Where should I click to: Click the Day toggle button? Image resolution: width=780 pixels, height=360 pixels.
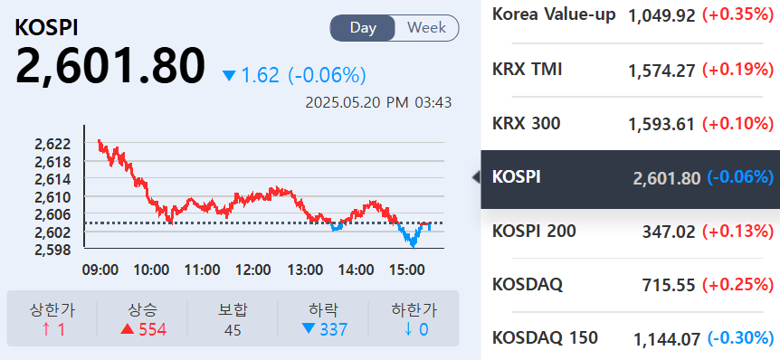click(363, 28)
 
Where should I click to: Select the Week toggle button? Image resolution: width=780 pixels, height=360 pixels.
click(426, 28)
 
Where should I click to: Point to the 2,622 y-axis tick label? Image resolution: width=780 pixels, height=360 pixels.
click(52, 144)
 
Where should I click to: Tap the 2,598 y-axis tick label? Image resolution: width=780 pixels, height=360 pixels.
click(52, 249)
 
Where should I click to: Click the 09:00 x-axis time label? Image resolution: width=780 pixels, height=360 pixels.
click(100, 270)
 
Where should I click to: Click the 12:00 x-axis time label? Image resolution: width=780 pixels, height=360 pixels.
click(252, 270)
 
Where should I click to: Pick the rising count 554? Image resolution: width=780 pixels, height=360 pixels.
click(152, 329)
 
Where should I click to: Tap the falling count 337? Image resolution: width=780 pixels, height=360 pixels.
click(333, 329)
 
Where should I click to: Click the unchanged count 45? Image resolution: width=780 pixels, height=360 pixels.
click(233, 329)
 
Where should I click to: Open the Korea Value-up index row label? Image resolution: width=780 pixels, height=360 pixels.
click(554, 14)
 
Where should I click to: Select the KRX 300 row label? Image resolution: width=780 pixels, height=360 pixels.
click(526, 123)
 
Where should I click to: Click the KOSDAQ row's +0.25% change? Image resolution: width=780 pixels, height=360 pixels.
click(739, 286)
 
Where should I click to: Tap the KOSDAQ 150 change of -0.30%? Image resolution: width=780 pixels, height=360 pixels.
click(740, 339)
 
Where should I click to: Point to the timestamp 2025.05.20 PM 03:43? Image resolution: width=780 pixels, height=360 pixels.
click(380, 102)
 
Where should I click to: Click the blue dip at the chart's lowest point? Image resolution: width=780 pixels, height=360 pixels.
click(414, 242)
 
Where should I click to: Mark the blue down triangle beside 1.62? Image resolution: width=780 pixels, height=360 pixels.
click(229, 76)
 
